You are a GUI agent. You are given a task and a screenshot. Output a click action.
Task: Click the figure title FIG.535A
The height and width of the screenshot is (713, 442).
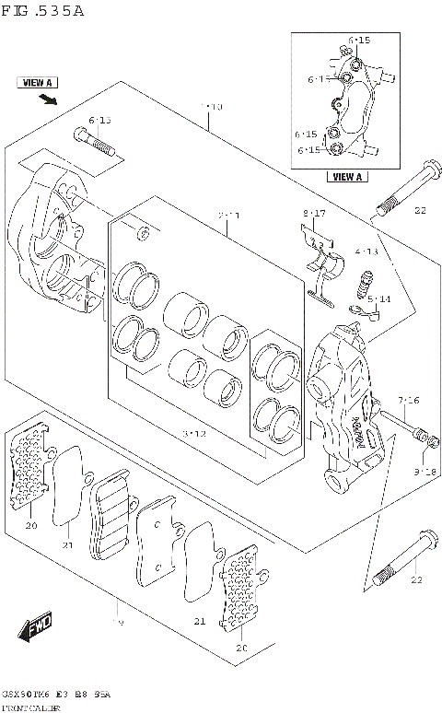[43, 11]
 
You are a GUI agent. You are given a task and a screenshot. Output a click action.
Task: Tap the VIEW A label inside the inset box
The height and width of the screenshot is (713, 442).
[347, 177]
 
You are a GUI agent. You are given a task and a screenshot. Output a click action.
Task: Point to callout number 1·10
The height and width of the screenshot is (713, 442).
[211, 108]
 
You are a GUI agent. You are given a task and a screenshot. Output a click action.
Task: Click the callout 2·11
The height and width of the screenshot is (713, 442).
[228, 216]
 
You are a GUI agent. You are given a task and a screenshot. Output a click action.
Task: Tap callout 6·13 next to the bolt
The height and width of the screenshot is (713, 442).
[99, 121]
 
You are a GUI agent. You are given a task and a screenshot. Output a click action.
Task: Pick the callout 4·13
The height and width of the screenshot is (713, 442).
[366, 251]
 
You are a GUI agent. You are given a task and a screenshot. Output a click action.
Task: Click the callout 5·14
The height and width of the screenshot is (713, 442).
[378, 299]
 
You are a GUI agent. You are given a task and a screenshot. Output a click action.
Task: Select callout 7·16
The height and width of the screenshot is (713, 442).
[408, 400]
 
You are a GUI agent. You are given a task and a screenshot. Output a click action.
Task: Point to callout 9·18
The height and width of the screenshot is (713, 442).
[425, 472]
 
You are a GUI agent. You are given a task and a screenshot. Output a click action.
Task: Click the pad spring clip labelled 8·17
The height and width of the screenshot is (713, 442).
[319, 267]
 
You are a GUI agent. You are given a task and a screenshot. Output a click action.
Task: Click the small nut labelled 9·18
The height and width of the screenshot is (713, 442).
[423, 436]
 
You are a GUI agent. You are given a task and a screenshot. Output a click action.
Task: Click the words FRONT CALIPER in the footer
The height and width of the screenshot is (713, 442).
[31, 707]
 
